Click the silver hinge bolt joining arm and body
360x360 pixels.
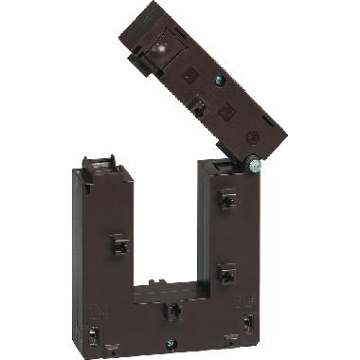click(253, 166)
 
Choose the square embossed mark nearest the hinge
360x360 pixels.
click(227, 115)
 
